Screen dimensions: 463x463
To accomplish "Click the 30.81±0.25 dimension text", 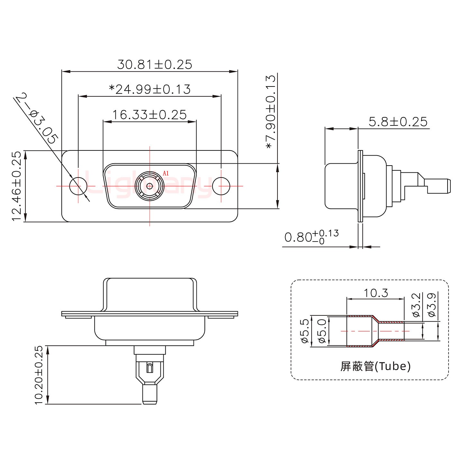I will (155, 64).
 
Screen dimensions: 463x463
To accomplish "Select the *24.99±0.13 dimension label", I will (150, 89).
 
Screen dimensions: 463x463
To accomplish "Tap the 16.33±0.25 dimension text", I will (149, 114).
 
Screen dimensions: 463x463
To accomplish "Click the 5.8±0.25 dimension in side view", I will (398, 122).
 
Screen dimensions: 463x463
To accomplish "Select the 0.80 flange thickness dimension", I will (311, 237).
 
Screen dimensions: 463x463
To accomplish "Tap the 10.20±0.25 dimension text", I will (39, 375).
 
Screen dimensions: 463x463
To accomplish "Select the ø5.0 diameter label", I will (322, 331).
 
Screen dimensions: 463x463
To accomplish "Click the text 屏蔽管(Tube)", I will (375, 366).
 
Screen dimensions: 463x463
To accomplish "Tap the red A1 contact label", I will (166, 173).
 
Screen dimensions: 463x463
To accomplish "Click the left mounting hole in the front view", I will (78, 186).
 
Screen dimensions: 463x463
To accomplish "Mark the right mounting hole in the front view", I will (221, 186).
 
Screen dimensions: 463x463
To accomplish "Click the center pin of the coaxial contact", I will (150, 186).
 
